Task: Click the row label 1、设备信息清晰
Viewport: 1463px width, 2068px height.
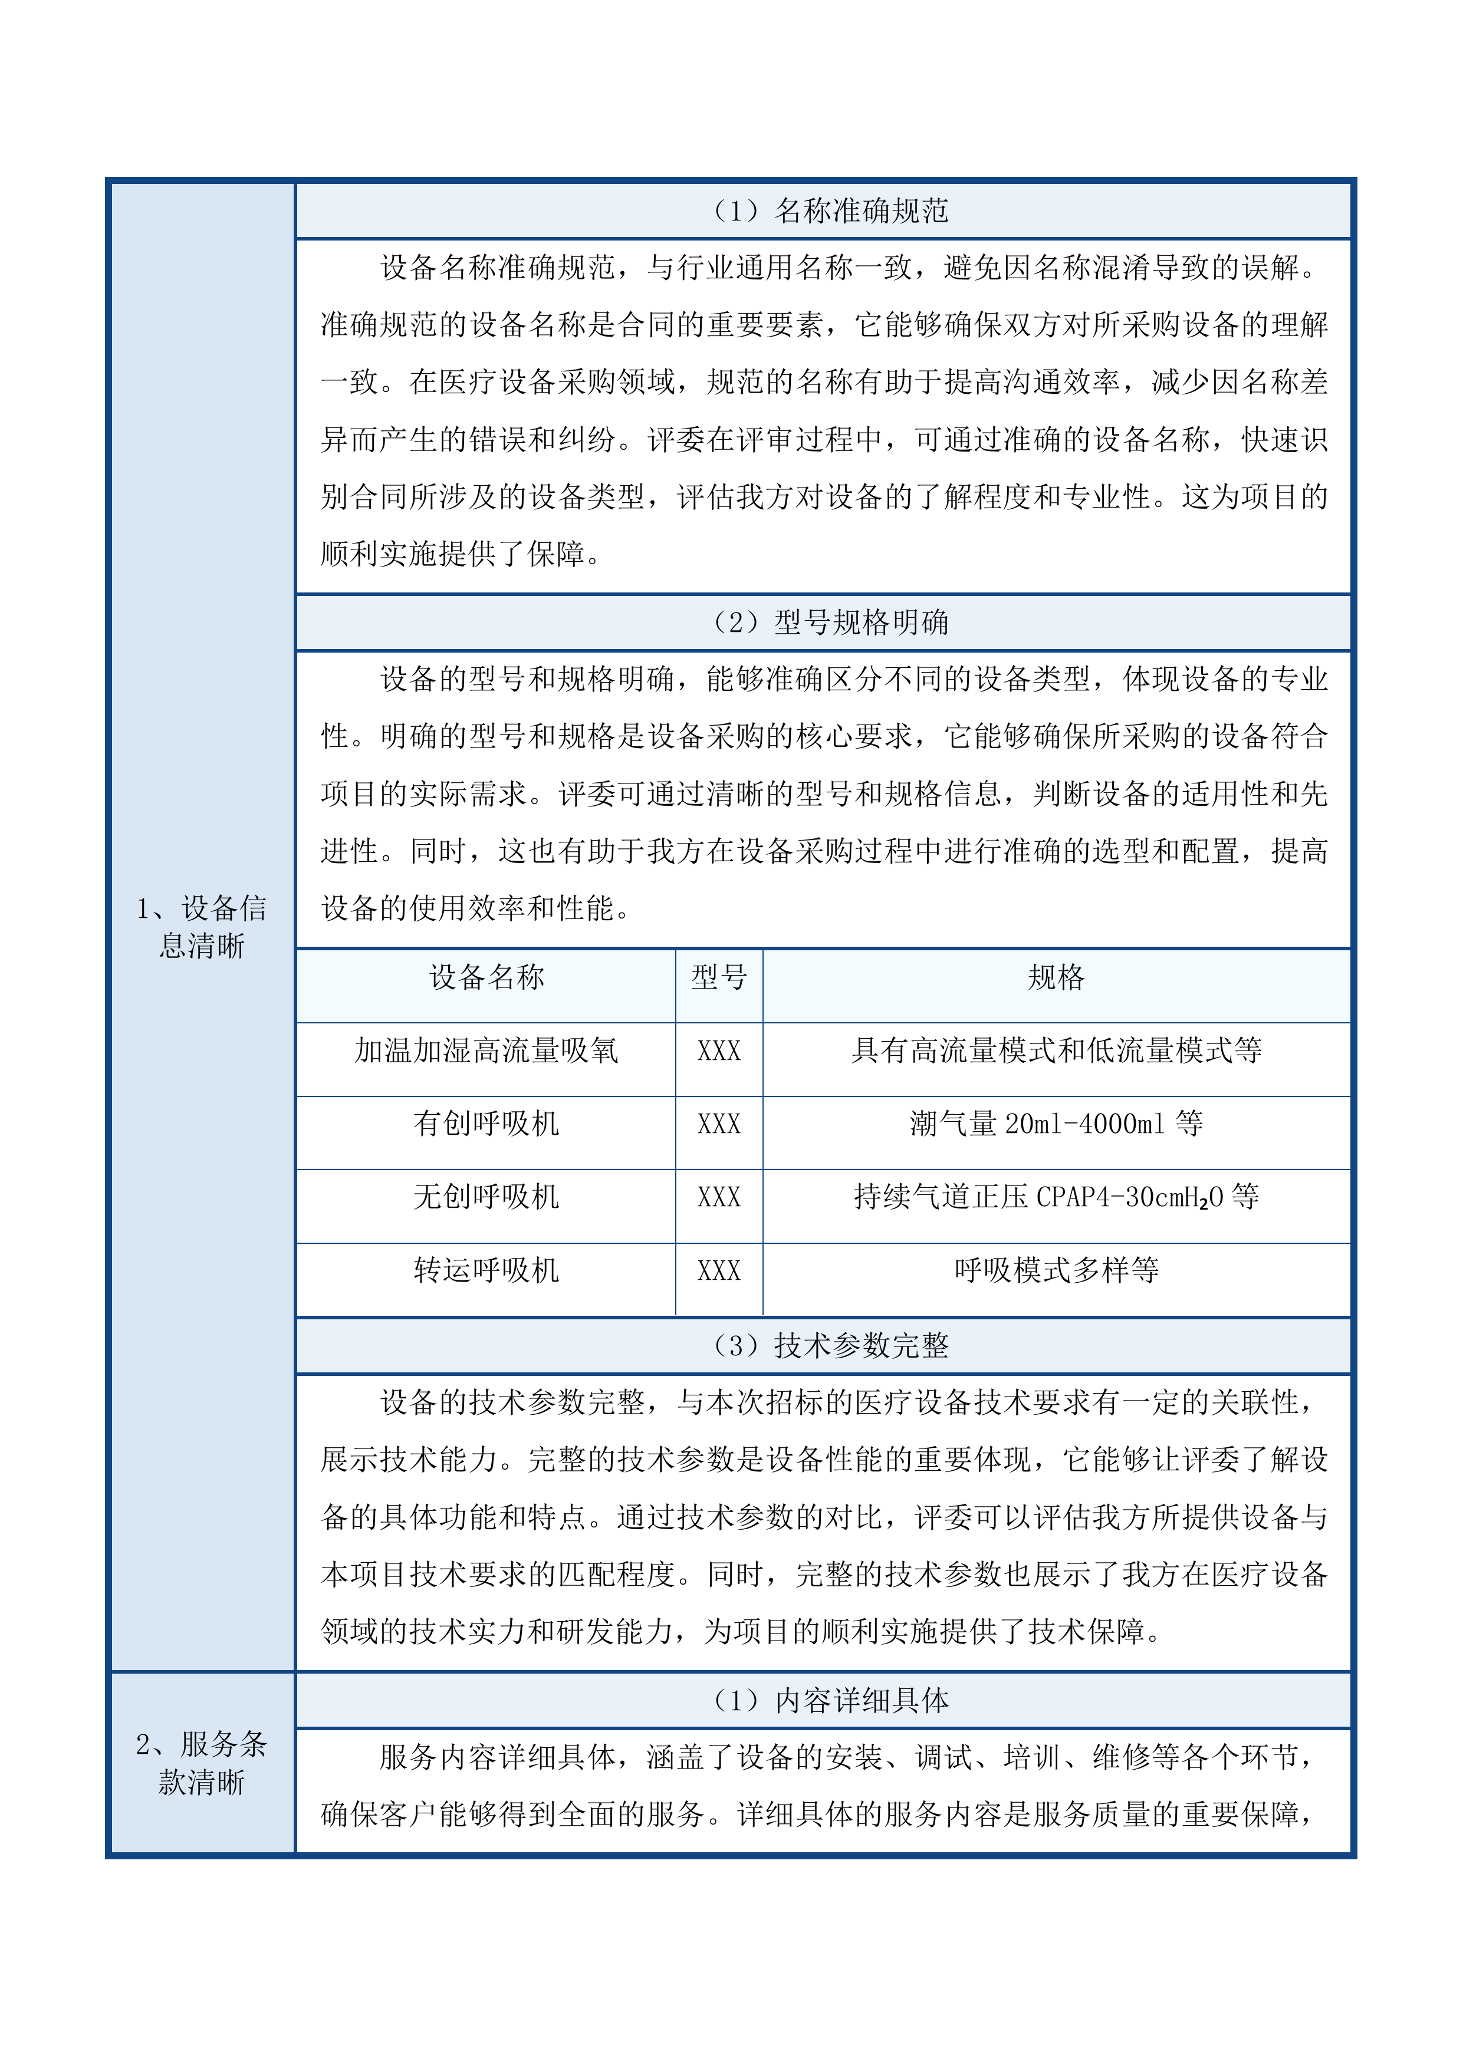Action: [201, 927]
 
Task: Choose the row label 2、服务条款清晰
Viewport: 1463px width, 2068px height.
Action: [201, 1763]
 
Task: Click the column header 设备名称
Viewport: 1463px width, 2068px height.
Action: [486, 977]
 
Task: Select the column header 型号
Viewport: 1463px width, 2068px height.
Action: [719, 977]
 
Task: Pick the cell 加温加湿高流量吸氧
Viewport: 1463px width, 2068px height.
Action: [486, 1051]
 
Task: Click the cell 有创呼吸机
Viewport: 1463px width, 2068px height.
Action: [486, 1124]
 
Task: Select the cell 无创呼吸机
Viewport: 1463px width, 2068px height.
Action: [486, 1197]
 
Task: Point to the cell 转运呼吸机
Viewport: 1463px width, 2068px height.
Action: [486, 1271]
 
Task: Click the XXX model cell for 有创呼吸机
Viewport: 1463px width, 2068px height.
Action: [719, 1125]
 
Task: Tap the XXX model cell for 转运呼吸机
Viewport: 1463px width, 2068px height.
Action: [719, 1272]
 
